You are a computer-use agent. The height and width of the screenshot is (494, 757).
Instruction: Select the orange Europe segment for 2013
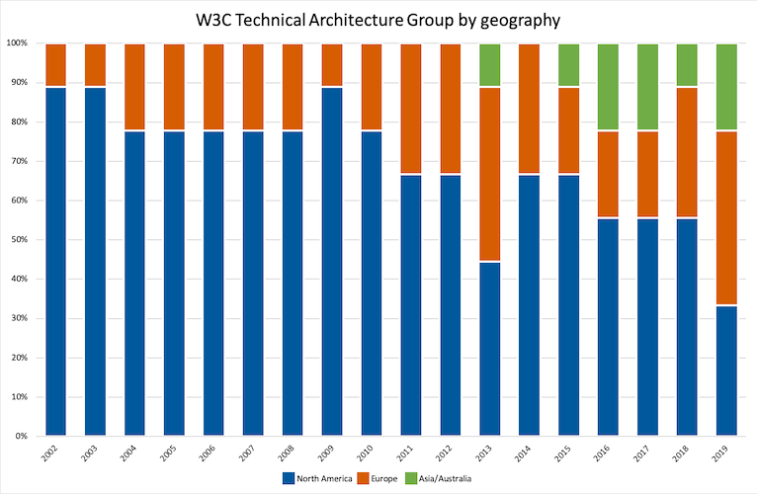(x=490, y=175)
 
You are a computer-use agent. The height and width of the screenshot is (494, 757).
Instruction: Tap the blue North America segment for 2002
(x=56, y=262)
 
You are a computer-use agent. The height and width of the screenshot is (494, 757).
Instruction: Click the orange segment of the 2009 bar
(x=333, y=65)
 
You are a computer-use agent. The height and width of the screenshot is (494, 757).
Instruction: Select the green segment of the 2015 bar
(x=569, y=65)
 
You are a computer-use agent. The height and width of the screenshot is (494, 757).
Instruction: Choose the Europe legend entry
(x=378, y=478)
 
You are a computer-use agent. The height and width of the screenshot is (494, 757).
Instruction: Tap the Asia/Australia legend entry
(x=445, y=478)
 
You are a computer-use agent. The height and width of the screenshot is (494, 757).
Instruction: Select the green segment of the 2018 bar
(x=687, y=65)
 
